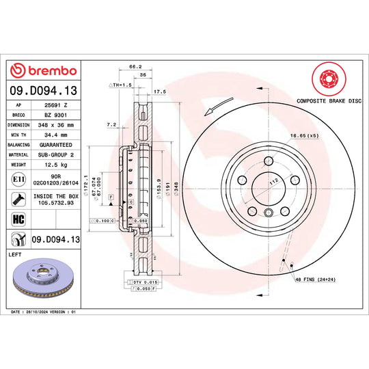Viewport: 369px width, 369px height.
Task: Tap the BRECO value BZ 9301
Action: click(56, 115)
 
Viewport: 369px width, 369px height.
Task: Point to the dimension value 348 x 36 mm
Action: click(57, 125)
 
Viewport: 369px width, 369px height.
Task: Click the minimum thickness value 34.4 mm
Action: click(57, 135)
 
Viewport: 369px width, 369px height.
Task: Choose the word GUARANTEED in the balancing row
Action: click(57, 145)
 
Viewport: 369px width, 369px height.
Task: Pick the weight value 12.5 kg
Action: click(57, 165)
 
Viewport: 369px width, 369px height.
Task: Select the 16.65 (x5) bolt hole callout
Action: click(303, 137)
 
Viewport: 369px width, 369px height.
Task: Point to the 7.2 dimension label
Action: click(112, 125)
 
